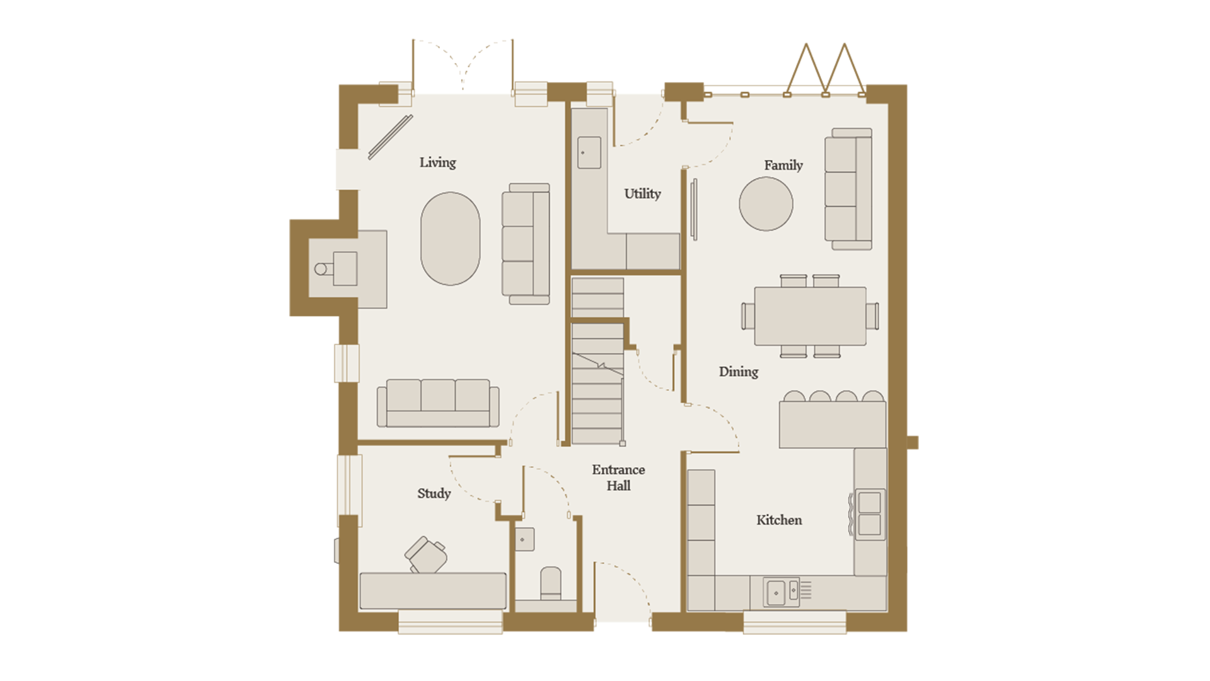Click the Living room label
pos(437,163)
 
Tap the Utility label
pos(642,194)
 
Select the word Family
pos(783,165)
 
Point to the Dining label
pos(739,372)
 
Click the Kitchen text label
pos(779,520)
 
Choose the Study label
pos(434,494)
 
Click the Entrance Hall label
pos(618,478)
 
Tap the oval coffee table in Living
pos(450,239)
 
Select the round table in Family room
pos(766,204)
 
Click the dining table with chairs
pos(810,316)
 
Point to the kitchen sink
pos(781,592)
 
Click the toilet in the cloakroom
pos(551,583)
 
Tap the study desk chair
pos(427,554)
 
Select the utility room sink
pos(589,153)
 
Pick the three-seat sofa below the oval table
pos(438,403)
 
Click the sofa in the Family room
pos(848,189)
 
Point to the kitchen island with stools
pos(833,420)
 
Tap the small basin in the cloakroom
pos(525,540)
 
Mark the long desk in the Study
pos(433,591)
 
